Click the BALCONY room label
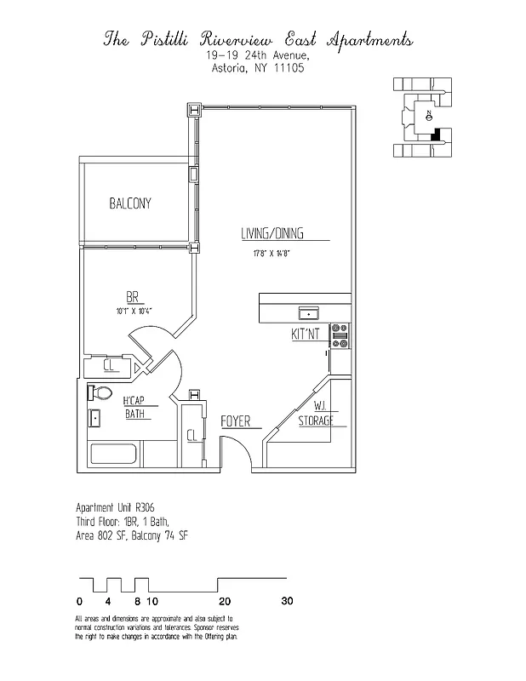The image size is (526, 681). coord(129,203)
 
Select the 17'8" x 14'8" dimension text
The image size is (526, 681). coord(272,253)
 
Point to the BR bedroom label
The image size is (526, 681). coord(133,297)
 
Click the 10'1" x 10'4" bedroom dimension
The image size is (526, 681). coord(134,312)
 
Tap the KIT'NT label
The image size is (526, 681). coord(306,335)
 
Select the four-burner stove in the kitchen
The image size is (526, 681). coord(339,337)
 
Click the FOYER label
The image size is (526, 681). coord(234,421)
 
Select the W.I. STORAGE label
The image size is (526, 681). coord(315,414)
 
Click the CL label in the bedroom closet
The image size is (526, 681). coord(110,366)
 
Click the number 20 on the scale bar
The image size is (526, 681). coord(225,601)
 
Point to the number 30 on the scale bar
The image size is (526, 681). coord(287,601)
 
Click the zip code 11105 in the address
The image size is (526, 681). coord(288,71)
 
